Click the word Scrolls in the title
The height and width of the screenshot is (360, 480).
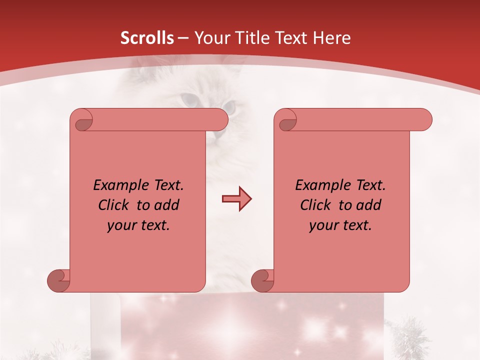pos(147,38)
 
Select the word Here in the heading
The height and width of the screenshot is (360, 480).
pos(331,38)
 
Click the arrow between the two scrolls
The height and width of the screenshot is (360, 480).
pos(236,199)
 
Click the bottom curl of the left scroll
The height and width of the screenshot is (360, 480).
pos(59,280)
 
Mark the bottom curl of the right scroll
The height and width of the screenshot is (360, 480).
pos(263,280)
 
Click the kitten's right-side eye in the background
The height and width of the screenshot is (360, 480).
pos(229,106)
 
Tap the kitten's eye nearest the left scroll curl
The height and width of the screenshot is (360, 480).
pos(189,100)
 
